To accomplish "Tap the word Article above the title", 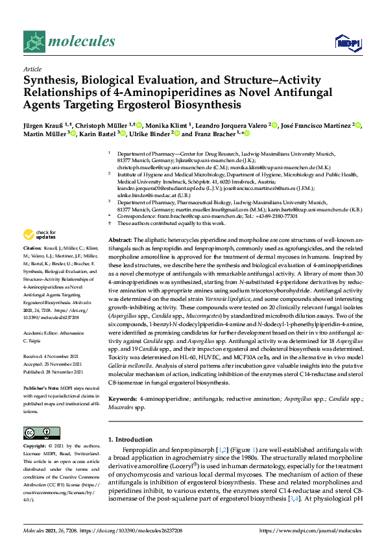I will pos(32,69).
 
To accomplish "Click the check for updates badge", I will pos(38,235).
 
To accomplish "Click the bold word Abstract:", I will pos(122,240).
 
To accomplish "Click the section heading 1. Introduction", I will pos(136,421).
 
